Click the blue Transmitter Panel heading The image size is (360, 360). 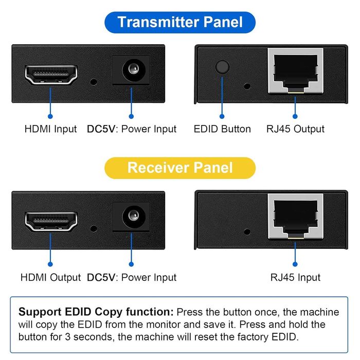[180, 23]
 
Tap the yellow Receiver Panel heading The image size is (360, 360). [180, 168]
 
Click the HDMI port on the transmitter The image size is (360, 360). [51, 75]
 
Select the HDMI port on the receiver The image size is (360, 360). [51, 221]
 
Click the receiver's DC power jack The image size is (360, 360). [131, 215]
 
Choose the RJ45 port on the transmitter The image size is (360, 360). [295, 70]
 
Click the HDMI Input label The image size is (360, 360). [50, 129]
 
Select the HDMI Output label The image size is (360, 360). [50, 277]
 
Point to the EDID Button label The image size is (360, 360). [222, 129]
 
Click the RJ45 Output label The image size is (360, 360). [295, 129]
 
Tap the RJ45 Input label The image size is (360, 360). [295, 277]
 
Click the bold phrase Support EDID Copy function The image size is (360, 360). [96, 312]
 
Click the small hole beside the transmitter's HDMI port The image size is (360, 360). [94, 81]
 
